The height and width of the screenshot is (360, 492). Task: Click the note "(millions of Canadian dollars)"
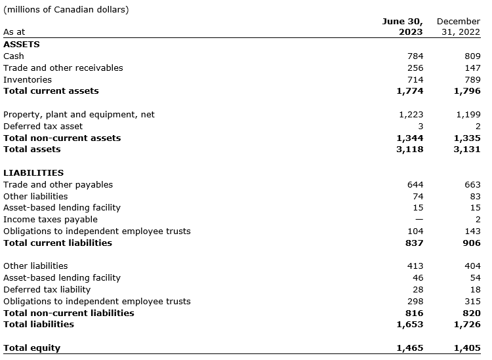(x=66, y=9)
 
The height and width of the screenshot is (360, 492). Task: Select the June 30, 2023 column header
(x=403, y=26)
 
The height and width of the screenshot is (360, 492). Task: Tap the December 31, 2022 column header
(x=459, y=26)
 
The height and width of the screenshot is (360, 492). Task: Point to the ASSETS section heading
(x=22, y=45)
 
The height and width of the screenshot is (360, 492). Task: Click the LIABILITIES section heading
(x=33, y=173)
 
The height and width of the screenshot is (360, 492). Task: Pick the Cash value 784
(x=415, y=56)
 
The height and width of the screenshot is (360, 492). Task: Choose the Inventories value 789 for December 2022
(x=472, y=79)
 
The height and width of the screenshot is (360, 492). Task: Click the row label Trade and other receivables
(x=63, y=68)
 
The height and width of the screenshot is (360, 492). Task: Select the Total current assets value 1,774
(x=410, y=91)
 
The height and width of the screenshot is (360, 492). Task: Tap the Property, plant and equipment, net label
(x=79, y=114)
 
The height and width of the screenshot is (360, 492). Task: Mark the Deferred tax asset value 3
(x=420, y=126)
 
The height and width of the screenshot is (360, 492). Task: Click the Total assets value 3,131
(x=467, y=150)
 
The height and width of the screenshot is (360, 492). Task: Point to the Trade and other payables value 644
(x=415, y=185)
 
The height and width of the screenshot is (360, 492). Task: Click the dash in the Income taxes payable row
(x=419, y=220)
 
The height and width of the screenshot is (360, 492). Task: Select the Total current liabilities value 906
(x=472, y=243)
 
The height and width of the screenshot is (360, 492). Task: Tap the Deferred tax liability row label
(x=47, y=290)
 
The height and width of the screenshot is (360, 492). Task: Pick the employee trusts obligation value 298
(x=415, y=302)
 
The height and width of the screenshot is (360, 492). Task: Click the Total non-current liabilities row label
(x=68, y=313)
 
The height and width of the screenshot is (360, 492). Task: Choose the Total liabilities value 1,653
(x=410, y=325)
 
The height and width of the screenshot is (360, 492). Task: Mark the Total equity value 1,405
(x=467, y=348)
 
